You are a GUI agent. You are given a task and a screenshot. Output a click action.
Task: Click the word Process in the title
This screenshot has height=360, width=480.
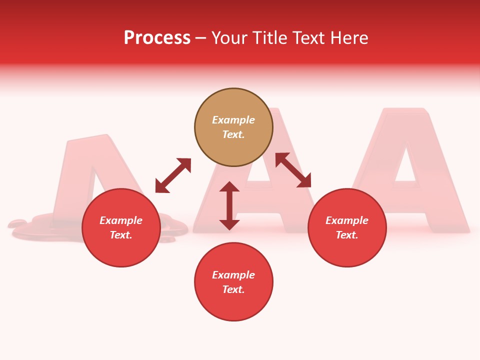click(x=157, y=38)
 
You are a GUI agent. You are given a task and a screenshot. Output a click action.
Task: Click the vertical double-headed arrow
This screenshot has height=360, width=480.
click(x=229, y=205)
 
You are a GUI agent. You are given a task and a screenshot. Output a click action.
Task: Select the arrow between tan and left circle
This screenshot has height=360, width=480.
click(x=173, y=175)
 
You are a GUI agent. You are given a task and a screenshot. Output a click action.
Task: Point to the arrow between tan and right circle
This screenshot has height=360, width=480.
click(x=293, y=170)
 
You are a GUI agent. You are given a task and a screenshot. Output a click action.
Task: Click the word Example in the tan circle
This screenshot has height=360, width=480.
click(x=233, y=120)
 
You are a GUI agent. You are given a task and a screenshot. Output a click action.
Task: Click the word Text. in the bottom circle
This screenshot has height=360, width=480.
click(x=233, y=289)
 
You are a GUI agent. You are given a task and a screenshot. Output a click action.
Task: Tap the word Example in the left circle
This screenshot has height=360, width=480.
click(x=121, y=220)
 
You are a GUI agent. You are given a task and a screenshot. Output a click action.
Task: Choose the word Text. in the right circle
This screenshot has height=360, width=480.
click(x=347, y=235)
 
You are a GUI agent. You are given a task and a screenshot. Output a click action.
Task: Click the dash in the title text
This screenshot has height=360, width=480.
click(x=201, y=38)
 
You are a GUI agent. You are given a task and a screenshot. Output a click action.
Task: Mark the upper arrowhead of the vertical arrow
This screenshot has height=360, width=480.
click(x=229, y=187)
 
